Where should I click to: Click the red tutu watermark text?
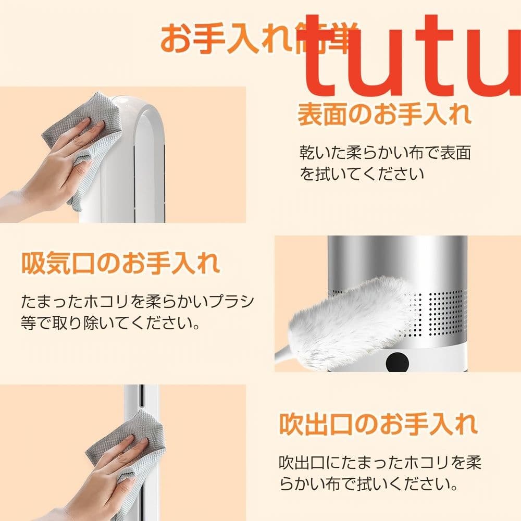point(412,57)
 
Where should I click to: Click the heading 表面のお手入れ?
point(384,115)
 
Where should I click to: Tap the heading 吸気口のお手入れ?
point(120,264)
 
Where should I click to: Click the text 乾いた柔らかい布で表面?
point(385,152)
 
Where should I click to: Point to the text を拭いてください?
point(362,173)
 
